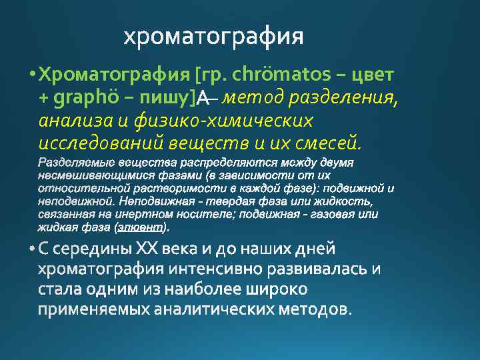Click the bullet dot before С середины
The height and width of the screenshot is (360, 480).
tap(33, 249)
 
